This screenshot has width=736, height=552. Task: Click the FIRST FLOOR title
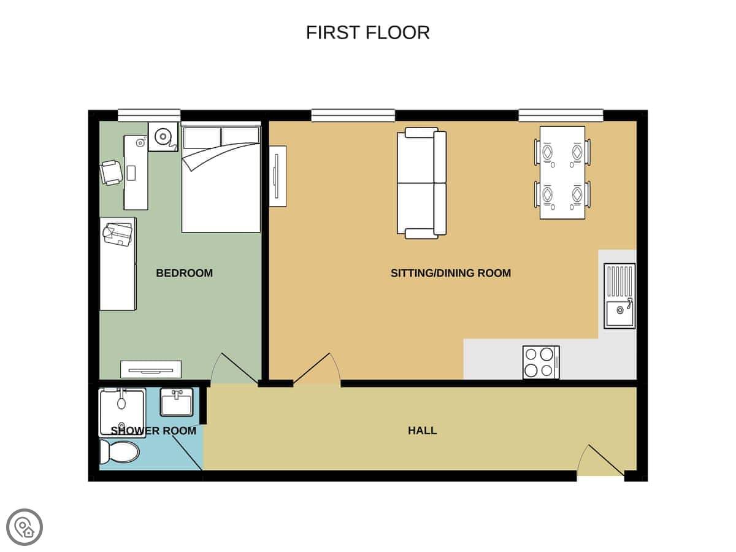[x=367, y=33]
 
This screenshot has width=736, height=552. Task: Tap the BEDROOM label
[x=184, y=273]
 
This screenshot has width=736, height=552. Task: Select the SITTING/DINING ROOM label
[x=451, y=273]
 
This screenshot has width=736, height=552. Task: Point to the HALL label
[x=422, y=431]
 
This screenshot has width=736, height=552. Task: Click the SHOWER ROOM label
[x=153, y=431]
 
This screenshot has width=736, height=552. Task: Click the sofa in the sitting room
[x=421, y=183]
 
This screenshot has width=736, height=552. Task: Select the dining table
[x=562, y=172]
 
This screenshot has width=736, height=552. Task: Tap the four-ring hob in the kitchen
[x=541, y=362]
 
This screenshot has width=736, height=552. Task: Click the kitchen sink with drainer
[x=619, y=296]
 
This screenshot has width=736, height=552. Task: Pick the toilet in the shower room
[x=120, y=453]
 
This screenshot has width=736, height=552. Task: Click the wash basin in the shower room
[x=177, y=402]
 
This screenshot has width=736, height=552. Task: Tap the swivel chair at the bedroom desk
[x=111, y=173]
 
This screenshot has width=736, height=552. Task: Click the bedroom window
[x=149, y=115]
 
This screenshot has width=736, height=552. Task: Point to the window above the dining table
[x=561, y=115]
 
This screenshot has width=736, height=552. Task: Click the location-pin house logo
[x=25, y=527]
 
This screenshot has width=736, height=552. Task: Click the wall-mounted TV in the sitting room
[x=278, y=176]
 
